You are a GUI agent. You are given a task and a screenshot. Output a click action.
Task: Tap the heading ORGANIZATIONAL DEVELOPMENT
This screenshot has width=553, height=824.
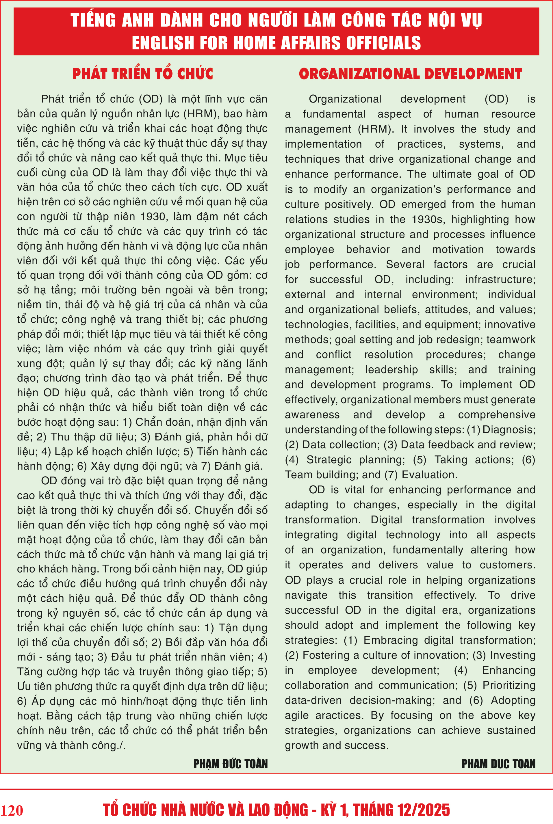click(410, 74)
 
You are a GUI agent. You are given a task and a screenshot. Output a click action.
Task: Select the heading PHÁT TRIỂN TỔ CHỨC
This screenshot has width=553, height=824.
click(142, 74)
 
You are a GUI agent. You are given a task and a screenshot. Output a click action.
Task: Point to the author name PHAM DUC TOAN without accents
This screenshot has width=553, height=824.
click(498, 764)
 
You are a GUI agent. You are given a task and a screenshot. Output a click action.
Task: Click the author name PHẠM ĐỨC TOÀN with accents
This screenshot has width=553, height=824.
click(231, 764)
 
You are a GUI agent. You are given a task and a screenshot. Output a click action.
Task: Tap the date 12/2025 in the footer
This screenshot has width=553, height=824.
click(424, 810)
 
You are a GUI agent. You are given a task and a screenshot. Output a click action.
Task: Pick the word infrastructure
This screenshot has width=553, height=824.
click(500, 280)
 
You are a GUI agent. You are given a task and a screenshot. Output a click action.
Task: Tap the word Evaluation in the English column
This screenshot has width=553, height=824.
click(429, 475)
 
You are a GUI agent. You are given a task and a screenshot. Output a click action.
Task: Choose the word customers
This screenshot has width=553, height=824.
click(508, 565)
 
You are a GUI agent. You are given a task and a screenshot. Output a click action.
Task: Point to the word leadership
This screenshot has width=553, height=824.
click(391, 369)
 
